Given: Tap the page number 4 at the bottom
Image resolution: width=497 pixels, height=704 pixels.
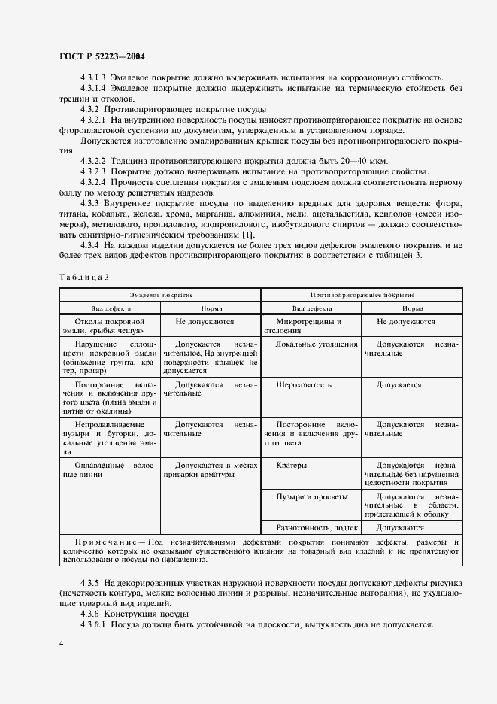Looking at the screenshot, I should (x=61, y=643).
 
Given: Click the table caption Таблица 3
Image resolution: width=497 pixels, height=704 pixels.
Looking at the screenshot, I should (x=83, y=277).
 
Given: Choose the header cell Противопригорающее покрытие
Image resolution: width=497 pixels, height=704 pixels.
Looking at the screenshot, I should (x=362, y=296).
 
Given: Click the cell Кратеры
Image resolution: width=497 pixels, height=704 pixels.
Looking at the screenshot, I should (x=291, y=465).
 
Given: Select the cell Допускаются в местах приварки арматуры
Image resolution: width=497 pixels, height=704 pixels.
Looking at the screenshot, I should (x=211, y=470).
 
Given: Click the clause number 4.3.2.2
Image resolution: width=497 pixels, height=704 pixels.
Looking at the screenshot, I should (x=93, y=161).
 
